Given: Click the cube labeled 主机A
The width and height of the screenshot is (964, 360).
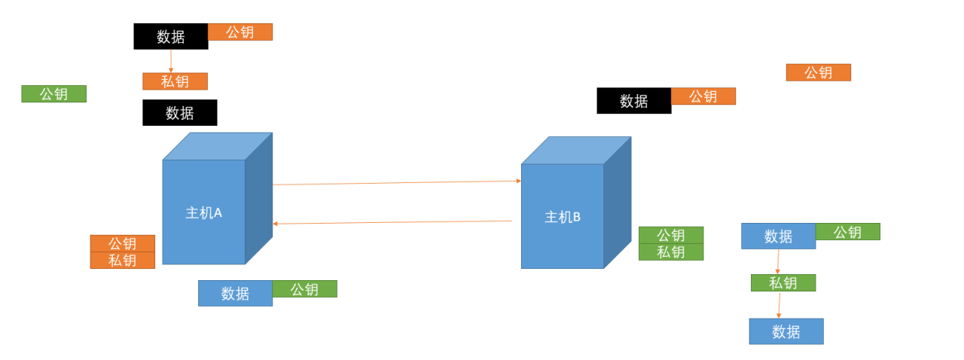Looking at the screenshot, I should click(x=204, y=212).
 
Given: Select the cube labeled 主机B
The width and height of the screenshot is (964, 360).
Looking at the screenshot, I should click(x=563, y=216).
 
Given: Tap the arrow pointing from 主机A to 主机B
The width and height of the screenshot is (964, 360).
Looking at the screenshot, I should click(x=396, y=182).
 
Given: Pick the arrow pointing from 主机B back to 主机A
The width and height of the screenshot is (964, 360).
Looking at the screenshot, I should click(x=392, y=222).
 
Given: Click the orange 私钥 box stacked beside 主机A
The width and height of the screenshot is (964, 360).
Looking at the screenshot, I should click(x=122, y=261).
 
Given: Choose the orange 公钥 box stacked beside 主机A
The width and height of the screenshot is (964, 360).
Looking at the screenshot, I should click(x=122, y=243).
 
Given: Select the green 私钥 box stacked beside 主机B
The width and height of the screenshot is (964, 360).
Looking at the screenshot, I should click(x=670, y=252).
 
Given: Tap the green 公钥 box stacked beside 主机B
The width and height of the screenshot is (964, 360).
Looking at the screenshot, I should click(x=670, y=235).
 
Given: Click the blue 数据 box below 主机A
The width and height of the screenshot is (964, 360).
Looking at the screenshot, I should click(x=235, y=293).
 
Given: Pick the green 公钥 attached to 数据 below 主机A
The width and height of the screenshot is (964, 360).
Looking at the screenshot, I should click(x=304, y=289).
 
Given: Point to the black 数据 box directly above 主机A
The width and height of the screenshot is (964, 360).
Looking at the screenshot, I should click(x=179, y=113).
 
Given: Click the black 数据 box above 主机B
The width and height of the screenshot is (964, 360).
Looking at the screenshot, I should click(x=633, y=101).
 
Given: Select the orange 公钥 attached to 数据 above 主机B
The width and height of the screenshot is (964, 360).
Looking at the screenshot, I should click(x=703, y=96).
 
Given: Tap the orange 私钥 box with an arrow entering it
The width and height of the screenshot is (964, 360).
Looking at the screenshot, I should click(x=175, y=81).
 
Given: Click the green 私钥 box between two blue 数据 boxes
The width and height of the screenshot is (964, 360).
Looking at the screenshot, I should click(x=782, y=283).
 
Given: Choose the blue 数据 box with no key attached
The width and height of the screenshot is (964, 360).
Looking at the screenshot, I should click(x=786, y=331).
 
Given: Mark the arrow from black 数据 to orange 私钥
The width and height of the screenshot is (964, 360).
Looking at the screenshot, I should click(x=171, y=61).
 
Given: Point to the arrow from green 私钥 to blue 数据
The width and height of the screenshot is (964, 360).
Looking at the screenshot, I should click(x=779, y=305).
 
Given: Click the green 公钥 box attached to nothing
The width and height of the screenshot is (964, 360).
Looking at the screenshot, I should click(x=53, y=94).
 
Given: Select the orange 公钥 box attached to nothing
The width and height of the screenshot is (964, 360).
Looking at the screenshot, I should click(x=818, y=72).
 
